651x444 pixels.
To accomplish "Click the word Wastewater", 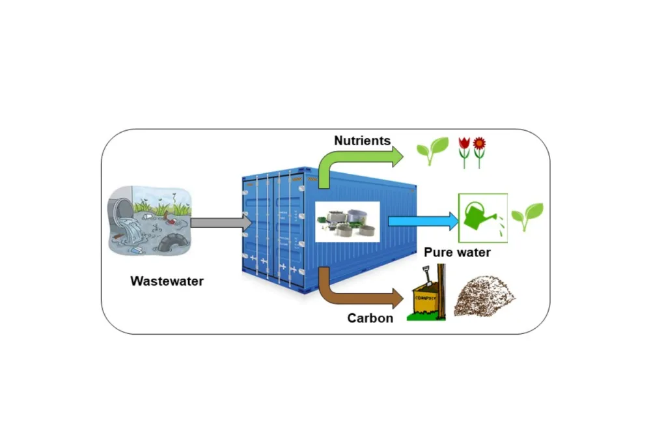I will (167, 281).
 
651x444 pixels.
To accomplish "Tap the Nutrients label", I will (362, 140).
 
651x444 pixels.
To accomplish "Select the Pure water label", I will (457, 252).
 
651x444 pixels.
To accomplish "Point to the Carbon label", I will (370, 318).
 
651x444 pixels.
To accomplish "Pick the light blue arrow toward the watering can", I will (423, 221).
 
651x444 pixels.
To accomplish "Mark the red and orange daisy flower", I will (479, 143).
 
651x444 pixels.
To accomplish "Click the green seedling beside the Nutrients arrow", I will (432, 150).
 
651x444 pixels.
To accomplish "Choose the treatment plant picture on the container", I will (346, 221).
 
